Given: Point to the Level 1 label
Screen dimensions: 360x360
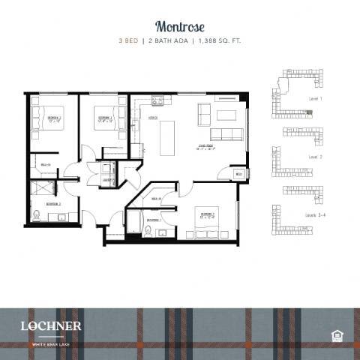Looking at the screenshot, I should [x=315, y=98].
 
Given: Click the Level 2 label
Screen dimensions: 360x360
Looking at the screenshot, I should [x=315, y=157].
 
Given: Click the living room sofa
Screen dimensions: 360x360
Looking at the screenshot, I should [x=225, y=134].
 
